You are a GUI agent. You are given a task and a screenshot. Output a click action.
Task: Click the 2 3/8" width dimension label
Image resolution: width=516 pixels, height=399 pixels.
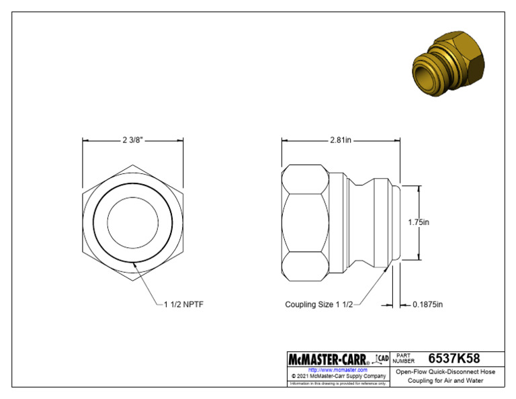coord(133,140)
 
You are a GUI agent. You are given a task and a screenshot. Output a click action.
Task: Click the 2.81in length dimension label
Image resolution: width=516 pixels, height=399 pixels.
coord(341,140)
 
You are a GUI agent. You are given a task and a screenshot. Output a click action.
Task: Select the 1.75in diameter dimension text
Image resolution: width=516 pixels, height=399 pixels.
coord(418,221)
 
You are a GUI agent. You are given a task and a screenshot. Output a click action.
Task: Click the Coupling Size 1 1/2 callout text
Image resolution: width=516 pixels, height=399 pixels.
coord(318,304)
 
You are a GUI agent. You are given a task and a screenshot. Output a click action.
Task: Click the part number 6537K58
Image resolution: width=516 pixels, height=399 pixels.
coord(454,359)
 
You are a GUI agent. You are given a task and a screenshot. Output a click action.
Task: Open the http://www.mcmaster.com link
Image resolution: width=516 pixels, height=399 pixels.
coord(337,370)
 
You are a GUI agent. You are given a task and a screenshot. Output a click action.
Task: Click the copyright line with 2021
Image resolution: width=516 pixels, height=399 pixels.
coord(338,376)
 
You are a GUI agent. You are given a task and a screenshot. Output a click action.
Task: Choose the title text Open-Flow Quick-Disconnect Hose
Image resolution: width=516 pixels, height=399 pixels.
coord(445,371)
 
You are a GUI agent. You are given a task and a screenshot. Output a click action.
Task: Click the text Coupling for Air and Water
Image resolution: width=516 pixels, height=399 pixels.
coord(445,381)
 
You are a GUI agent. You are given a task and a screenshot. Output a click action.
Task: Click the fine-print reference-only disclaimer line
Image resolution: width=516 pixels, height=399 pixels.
coord(338,384)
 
